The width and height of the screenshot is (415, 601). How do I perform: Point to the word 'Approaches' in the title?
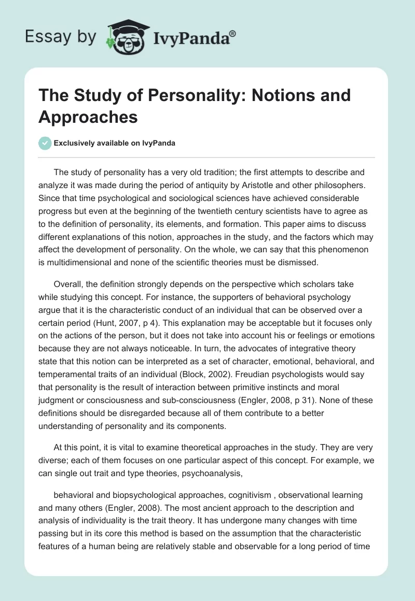88,117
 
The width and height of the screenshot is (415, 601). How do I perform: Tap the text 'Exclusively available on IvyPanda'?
114,144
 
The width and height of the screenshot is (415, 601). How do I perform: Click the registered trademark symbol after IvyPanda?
233,34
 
